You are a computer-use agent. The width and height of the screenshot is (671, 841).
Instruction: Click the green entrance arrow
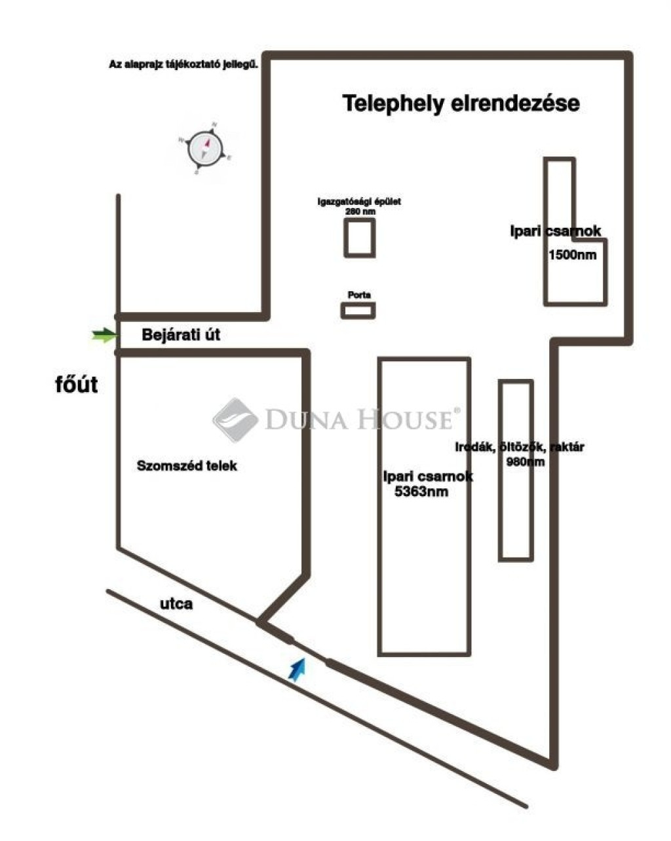pyautogui.click(x=103, y=336)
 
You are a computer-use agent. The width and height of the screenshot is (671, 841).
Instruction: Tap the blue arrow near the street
pyautogui.click(x=297, y=671)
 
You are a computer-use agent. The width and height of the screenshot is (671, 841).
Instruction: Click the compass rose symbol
pyautogui.click(x=204, y=149)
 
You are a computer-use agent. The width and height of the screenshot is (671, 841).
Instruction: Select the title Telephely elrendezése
pyautogui.click(x=461, y=103)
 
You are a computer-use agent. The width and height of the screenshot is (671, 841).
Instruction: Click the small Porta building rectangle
pyautogui.click(x=358, y=311)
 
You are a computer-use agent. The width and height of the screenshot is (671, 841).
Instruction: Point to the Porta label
pyautogui.click(x=358, y=295)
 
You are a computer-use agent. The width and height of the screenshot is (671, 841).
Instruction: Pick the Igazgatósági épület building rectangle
pyautogui.click(x=360, y=238)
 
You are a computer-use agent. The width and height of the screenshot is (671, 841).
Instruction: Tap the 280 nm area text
pyautogui.click(x=360, y=211)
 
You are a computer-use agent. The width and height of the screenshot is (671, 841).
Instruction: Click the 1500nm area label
pyautogui.click(x=572, y=255)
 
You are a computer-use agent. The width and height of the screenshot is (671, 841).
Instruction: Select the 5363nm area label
pyautogui.click(x=421, y=492)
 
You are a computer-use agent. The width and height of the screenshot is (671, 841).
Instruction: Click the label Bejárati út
pyautogui.click(x=181, y=335)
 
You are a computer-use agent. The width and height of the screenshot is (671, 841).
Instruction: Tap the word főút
pyautogui.click(x=76, y=384)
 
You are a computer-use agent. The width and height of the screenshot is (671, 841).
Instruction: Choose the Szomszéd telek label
pyautogui.click(x=187, y=466)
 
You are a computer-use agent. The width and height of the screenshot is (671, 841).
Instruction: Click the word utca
pyautogui.click(x=176, y=603)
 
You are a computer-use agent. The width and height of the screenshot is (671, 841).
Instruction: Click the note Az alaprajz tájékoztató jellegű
pyautogui.click(x=183, y=65)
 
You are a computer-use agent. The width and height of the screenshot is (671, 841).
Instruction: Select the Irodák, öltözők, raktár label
pyautogui.click(x=519, y=448)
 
